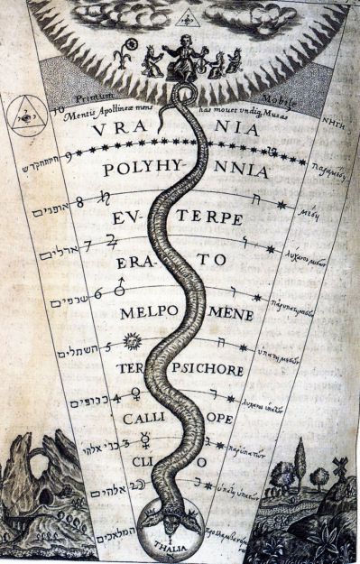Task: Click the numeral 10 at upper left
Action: [x=58, y=113]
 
